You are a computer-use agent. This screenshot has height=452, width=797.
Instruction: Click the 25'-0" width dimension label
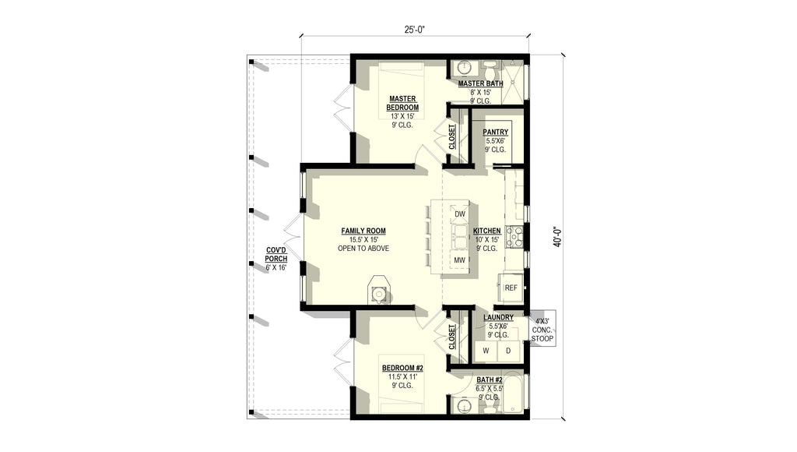pos(414,30)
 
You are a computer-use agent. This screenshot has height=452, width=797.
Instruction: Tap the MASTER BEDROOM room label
pos(402,103)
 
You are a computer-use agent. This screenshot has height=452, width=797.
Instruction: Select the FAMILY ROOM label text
pos(363,231)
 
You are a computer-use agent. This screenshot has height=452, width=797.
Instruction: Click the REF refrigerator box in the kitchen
pos(511,288)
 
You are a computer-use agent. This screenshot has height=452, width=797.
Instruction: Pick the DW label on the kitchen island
pos(460,214)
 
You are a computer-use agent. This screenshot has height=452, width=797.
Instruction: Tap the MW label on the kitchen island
pos(460,260)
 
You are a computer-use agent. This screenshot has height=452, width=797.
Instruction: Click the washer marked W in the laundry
pos(486,351)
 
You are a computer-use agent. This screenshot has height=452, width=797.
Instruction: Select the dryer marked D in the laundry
pos(508,351)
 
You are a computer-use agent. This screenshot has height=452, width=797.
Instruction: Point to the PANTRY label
pos(496,132)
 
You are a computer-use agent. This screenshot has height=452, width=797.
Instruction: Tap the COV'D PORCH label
pos(276,255)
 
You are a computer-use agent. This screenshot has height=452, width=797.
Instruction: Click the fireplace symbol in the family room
pos(378,291)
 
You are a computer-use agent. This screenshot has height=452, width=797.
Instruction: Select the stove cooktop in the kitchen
pos(514,237)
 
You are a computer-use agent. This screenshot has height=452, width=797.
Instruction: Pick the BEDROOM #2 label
pos(402,368)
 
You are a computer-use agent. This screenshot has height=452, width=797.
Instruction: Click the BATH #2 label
pos(490,380)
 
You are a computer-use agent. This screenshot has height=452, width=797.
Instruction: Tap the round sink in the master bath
pos(464,67)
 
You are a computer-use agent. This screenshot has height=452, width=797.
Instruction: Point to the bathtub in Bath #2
pos(515,394)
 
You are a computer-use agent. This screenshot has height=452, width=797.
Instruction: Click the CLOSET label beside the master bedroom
pos(452,137)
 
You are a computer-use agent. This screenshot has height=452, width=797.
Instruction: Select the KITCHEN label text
pos(487,231)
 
